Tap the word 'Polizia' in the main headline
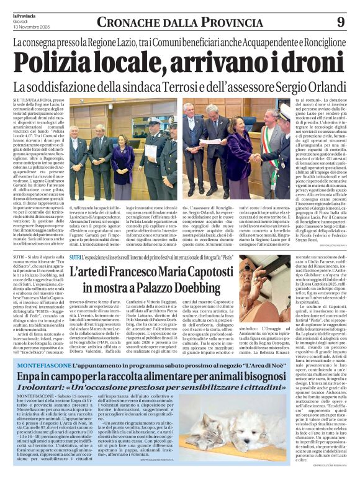pyautogui.click(x=56, y=63)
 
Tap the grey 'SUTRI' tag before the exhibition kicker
pyautogui.click(x=76, y=256)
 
